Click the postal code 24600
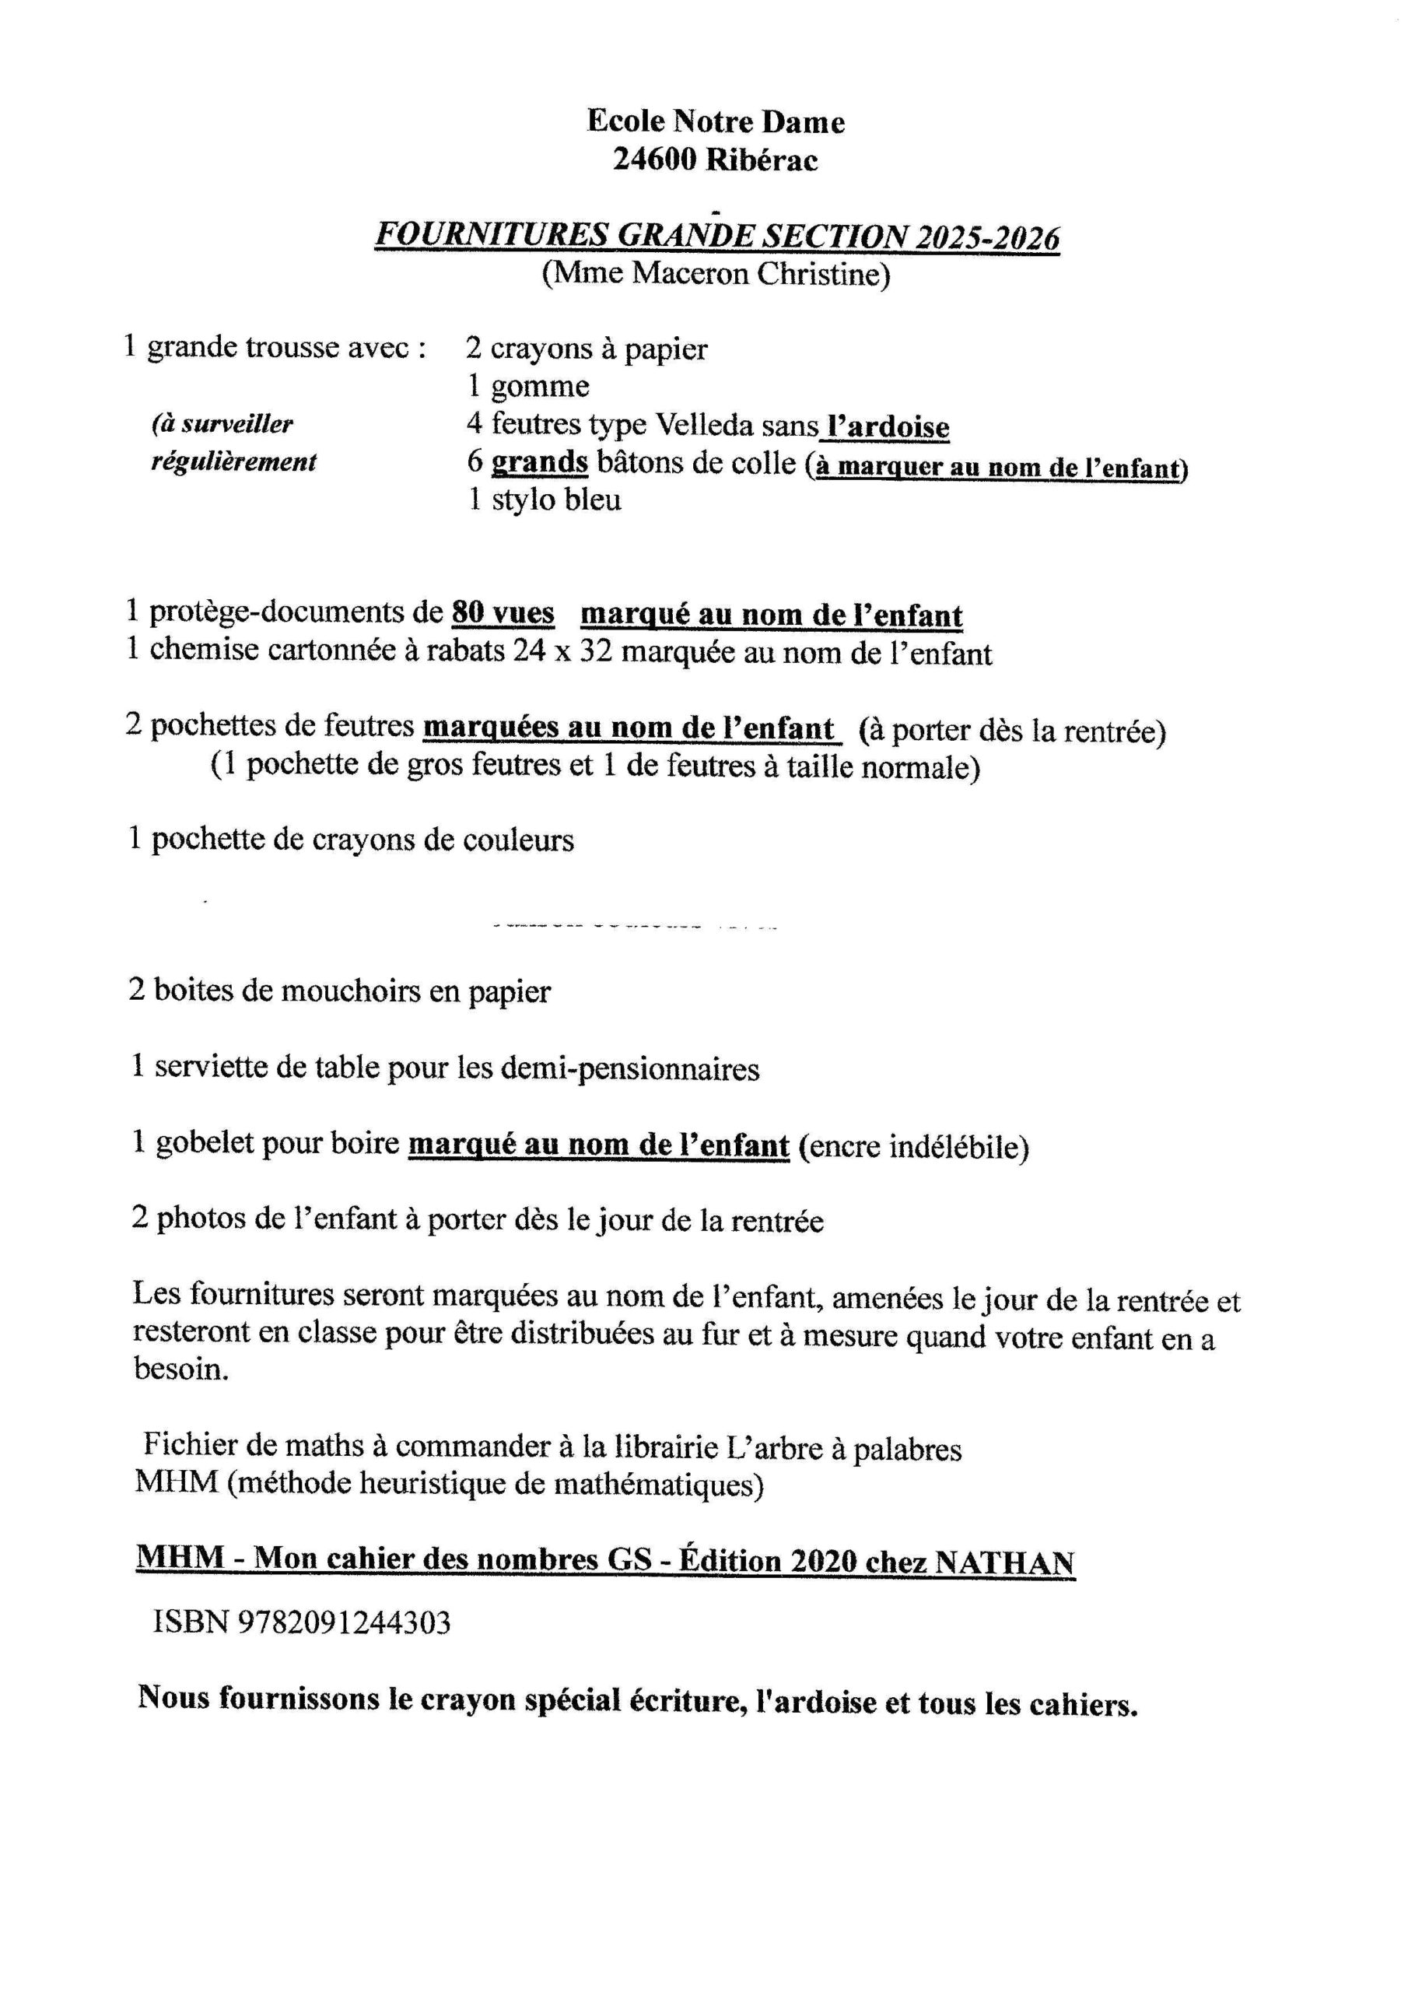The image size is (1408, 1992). pyautogui.click(x=654, y=160)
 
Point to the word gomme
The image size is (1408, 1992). pyautogui.click(x=540, y=387)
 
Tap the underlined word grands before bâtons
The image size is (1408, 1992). pyautogui.click(x=540, y=463)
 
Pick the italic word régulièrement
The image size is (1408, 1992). pyautogui.click(x=234, y=462)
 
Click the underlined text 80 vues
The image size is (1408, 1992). pyautogui.click(x=503, y=613)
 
